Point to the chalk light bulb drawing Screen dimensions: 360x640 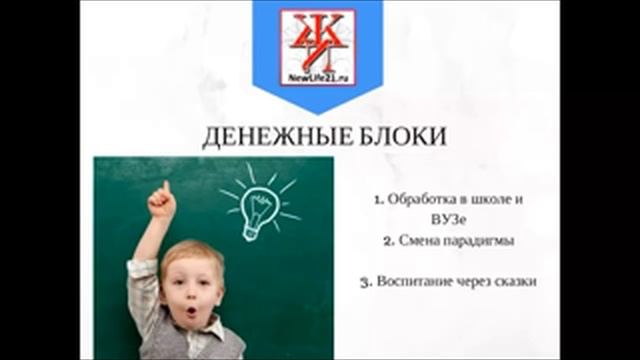[x=257, y=205]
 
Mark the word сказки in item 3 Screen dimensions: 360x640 [x=518, y=282]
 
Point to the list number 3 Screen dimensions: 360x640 [x=366, y=282]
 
